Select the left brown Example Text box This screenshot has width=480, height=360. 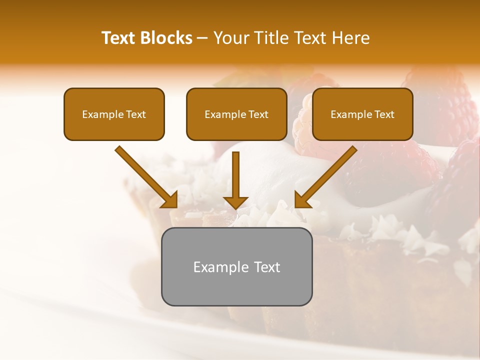pyautogui.click(x=114, y=114)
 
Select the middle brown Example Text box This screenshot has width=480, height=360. pyautogui.click(x=236, y=114)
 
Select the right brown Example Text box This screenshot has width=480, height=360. pyautogui.click(x=362, y=114)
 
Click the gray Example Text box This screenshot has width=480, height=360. pyautogui.click(x=236, y=266)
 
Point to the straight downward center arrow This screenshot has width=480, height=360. pyautogui.click(x=235, y=175)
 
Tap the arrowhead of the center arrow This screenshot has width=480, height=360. pyautogui.click(x=235, y=202)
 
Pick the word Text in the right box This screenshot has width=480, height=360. pyautogui.click(x=384, y=114)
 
